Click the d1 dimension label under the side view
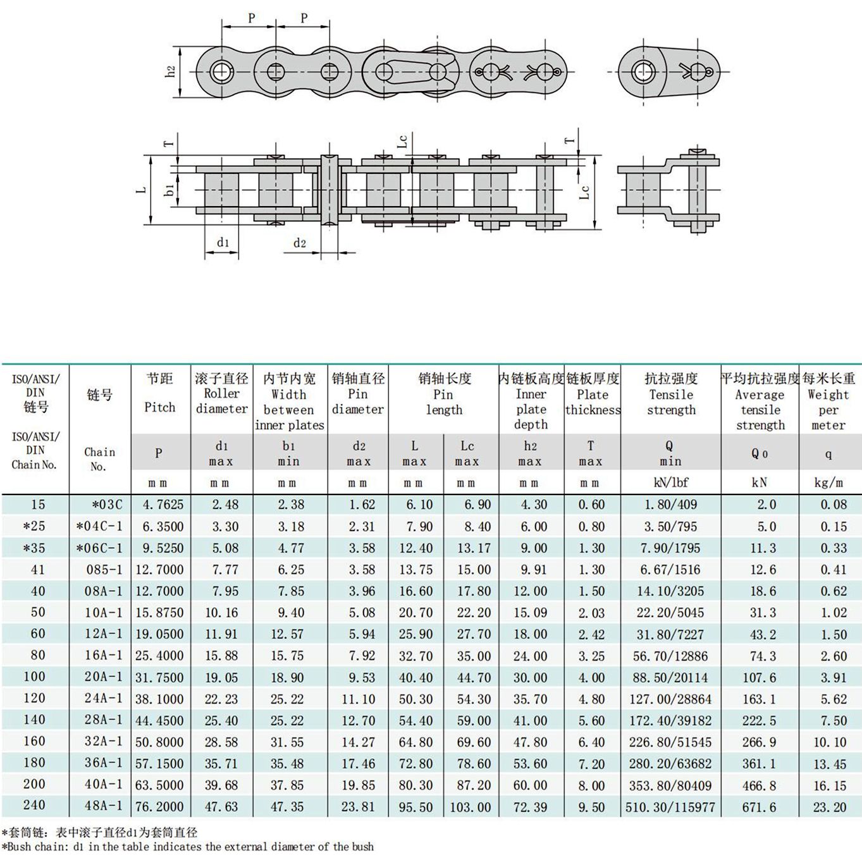[x=223, y=243]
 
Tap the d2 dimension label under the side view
[x=300, y=243]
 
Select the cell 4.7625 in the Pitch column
[x=163, y=505]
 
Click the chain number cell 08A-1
[x=104, y=591]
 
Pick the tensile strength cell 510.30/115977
[x=670, y=807]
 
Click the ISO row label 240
[x=34, y=805]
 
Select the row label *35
[x=34, y=548]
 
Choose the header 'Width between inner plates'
[x=289, y=409]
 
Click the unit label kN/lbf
[x=670, y=482]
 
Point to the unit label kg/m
[x=828, y=482]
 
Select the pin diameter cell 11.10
[x=358, y=699]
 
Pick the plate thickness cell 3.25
[x=591, y=656]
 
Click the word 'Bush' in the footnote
[x=20, y=847]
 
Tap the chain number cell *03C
[x=107, y=505]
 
